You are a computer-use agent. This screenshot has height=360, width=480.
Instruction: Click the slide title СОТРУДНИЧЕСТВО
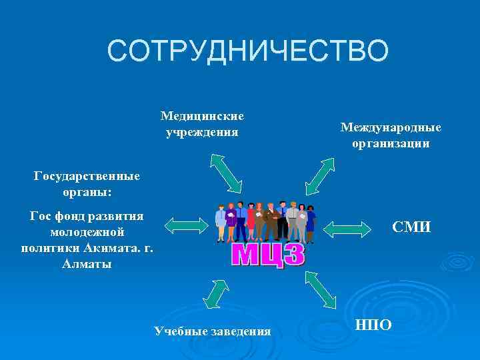247,51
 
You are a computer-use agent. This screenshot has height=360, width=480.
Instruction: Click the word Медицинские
202,116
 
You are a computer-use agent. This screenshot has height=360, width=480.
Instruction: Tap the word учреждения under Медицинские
202,131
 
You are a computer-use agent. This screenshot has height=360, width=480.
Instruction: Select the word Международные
391,127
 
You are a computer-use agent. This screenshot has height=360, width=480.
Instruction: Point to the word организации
391,143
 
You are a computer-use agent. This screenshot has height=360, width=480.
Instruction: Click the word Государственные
87,177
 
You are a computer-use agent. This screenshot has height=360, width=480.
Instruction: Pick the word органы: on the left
87,192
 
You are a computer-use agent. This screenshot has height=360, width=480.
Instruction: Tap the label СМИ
411,228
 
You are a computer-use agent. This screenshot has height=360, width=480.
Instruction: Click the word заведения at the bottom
239,331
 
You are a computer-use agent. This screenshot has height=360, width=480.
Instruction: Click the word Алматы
87,264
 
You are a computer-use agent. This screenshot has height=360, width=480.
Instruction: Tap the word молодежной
87,232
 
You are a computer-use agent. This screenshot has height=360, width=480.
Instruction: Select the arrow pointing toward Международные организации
319,175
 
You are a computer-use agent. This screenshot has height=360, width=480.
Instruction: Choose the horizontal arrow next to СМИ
347,228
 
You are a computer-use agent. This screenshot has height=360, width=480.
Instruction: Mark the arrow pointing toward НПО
321,289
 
